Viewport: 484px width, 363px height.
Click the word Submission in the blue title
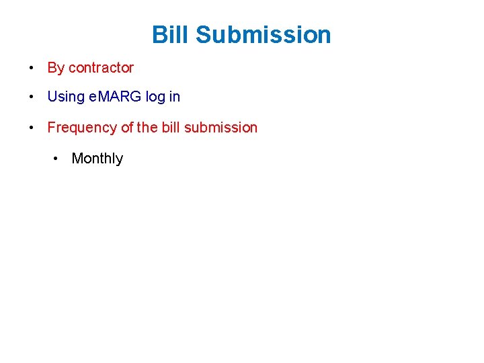(x=264, y=34)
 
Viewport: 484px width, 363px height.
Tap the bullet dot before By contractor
(x=32, y=68)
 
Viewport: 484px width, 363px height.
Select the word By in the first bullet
(x=56, y=68)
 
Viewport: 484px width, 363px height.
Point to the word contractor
(x=101, y=68)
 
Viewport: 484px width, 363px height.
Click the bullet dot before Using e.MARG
(x=32, y=97)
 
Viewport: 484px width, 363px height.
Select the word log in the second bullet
(x=155, y=97)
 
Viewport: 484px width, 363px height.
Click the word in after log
(x=175, y=97)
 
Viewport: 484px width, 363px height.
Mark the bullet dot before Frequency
(x=32, y=128)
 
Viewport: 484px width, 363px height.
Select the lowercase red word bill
(x=171, y=128)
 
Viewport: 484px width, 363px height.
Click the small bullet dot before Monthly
(x=56, y=159)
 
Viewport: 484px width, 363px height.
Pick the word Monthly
(x=97, y=159)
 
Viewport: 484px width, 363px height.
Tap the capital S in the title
(x=204, y=34)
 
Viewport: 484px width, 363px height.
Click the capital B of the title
(x=159, y=34)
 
